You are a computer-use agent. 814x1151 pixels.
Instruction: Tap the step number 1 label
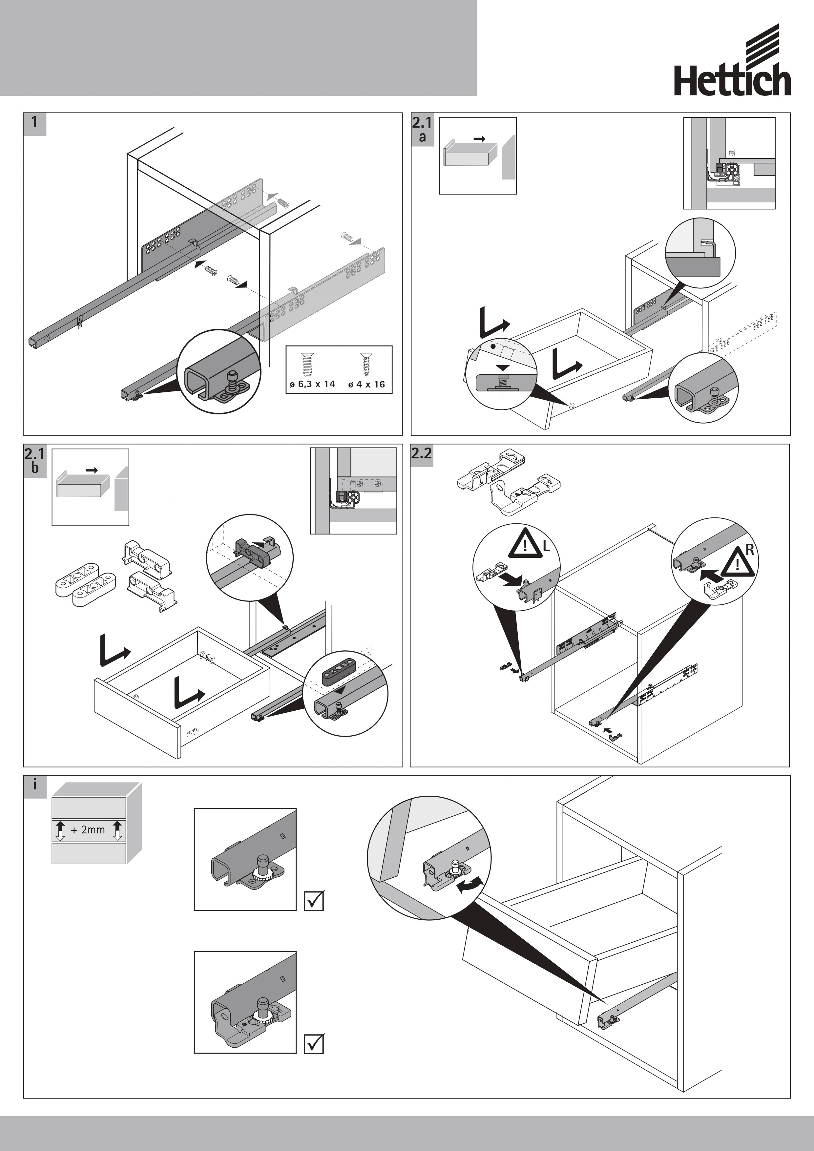click(x=34, y=123)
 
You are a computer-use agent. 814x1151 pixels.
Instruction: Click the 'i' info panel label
click(x=34, y=785)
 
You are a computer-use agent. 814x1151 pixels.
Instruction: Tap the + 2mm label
click(x=88, y=830)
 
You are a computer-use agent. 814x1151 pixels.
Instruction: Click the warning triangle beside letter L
click(x=525, y=544)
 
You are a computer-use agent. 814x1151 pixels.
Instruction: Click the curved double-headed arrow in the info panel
click(x=471, y=886)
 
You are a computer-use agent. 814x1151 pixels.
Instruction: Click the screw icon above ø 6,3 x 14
click(x=307, y=365)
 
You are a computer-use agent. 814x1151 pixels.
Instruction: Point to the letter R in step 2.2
click(x=750, y=550)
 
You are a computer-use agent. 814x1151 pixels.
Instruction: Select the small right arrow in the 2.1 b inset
click(x=92, y=470)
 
